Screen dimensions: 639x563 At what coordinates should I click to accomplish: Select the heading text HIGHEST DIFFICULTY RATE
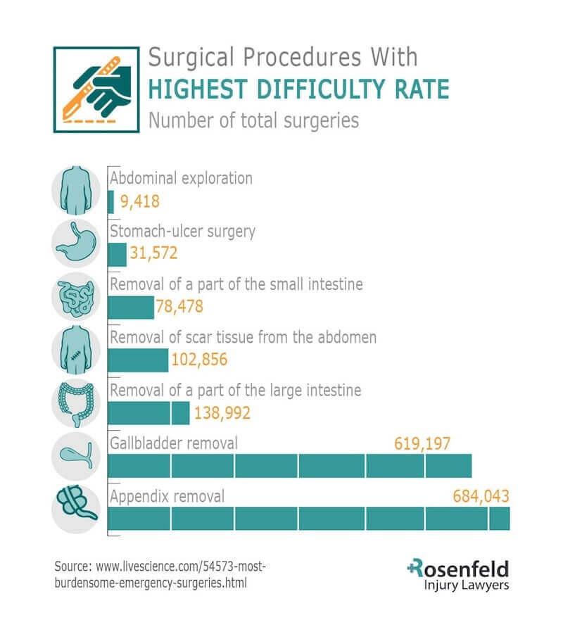[298, 89]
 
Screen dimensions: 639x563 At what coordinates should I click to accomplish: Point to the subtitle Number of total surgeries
[253, 120]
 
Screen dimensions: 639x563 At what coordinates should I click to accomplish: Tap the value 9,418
[140, 203]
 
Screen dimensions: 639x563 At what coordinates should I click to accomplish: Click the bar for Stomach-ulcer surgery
[117, 255]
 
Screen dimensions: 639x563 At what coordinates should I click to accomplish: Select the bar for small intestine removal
[131, 308]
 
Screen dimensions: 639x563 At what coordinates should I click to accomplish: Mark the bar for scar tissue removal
[138, 360]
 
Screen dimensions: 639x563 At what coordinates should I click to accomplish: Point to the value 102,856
[199, 360]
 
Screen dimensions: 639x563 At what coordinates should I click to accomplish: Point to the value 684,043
[481, 496]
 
